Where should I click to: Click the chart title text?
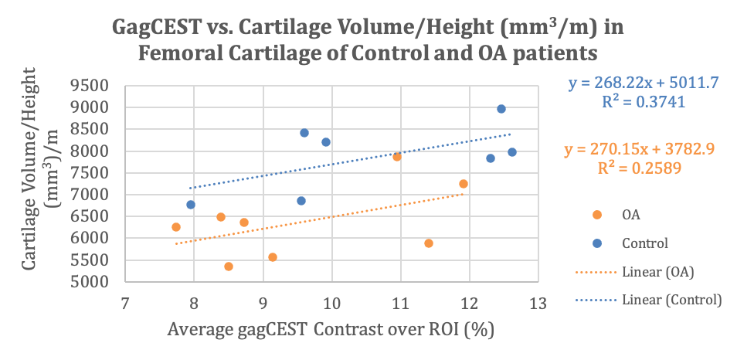point(368,40)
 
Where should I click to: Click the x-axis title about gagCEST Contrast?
point(331,331)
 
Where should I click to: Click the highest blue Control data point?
point(501,109)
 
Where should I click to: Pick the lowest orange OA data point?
point(229,267)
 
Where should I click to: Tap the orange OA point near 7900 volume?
point(397,157)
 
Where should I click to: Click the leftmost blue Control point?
point(191,205)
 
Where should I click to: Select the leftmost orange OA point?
point(176,227)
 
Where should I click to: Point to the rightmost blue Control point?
point(511,152)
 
